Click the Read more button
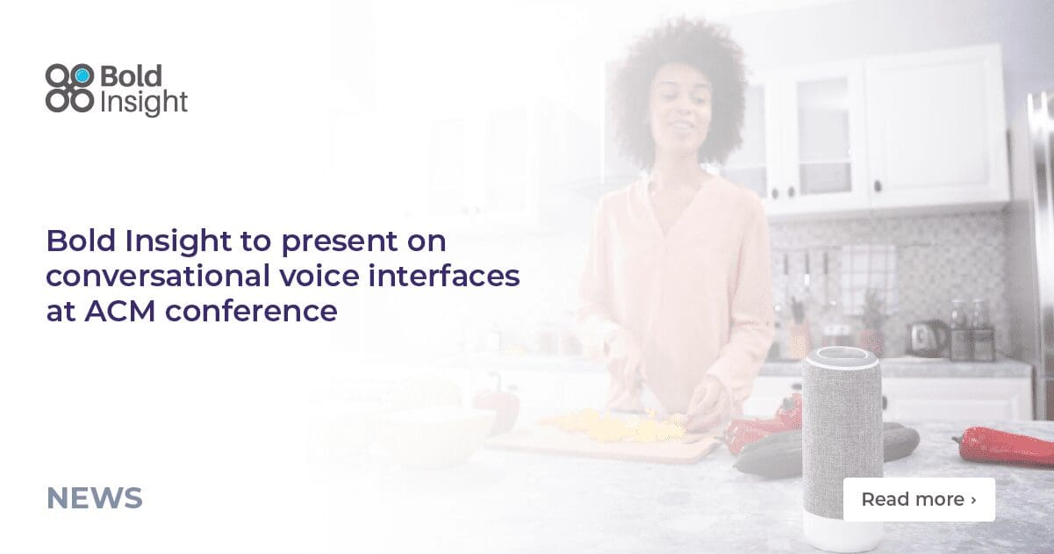[918, 500]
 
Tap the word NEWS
[94, 499]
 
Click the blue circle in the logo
[82, 76]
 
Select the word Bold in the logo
[131, 76]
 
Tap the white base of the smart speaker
[842, 531]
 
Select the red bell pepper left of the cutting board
[497, 408]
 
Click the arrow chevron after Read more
[973, 500]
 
